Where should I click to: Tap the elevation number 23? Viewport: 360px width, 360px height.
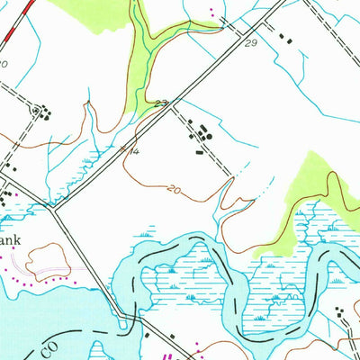160,103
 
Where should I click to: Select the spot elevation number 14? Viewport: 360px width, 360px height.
132,154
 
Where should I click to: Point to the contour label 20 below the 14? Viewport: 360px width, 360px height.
175,189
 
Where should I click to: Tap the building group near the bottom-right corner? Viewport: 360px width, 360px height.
340,315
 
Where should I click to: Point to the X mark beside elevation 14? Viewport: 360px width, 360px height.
125,147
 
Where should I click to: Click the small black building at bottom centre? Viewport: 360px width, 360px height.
147,335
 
